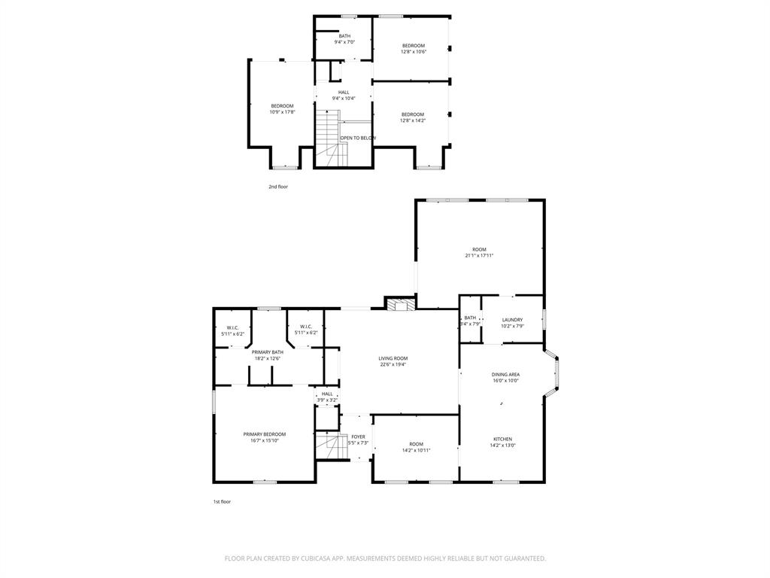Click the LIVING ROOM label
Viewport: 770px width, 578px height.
point(393,358)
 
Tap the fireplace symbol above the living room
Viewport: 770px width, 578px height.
point(401,303)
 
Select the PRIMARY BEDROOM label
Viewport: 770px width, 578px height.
point(264,434)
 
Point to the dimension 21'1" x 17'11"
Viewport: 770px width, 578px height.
point(479,256)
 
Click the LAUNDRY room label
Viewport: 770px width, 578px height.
point(512,320)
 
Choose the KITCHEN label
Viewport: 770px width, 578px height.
point(503,439)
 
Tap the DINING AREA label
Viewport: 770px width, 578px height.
point(505,374)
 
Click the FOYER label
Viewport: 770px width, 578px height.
point(358,437)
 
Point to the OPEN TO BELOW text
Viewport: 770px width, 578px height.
point(358,138)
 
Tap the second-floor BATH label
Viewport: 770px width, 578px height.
point(344,36)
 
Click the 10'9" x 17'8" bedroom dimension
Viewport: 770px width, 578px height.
point(282,112)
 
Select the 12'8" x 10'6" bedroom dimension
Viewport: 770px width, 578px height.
point(413,52)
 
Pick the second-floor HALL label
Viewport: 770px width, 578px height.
point(343,92)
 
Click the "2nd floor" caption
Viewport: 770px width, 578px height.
point(278,187)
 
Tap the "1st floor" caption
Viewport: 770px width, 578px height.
point(221,501)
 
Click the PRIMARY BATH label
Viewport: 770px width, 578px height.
point(267,352)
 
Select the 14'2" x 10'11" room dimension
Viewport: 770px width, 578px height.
point(416,451)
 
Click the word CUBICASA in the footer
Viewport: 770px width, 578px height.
point(326,558)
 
